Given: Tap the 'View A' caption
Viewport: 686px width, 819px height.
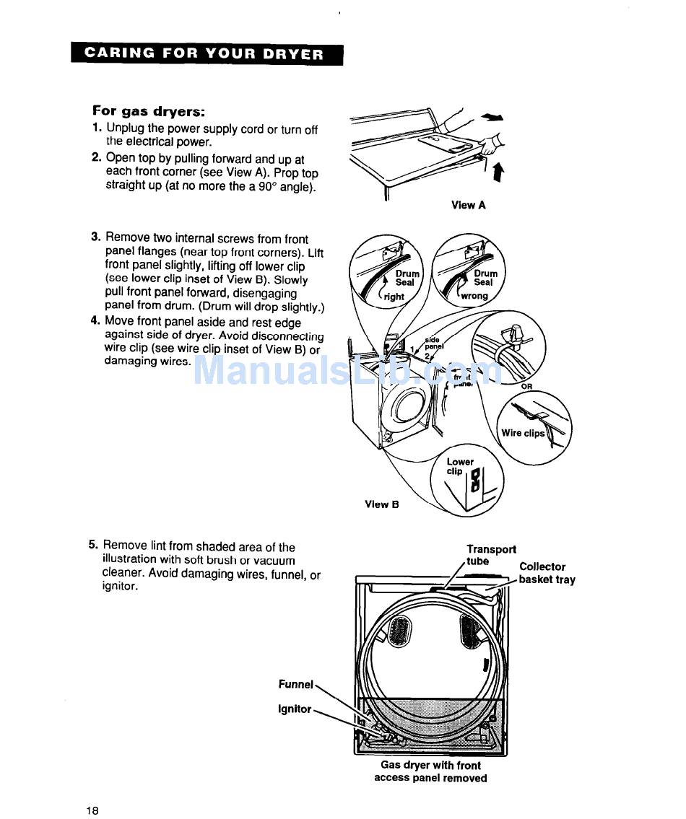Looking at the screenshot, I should [469, 205].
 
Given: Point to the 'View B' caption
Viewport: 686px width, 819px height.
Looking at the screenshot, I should [382, 504].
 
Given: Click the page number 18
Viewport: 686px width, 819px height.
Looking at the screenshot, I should [92, 810].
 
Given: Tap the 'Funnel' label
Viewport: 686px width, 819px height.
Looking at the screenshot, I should [295, 684].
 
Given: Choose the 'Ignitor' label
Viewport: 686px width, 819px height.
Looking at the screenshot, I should [295, 709].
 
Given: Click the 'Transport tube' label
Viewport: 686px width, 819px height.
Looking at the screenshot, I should [491, 555].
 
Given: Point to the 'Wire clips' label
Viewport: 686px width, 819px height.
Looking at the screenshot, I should [523, 434].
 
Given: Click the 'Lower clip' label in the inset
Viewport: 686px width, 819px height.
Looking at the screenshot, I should [459, 466].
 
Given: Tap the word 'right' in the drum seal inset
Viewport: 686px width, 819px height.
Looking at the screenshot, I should [394, 297].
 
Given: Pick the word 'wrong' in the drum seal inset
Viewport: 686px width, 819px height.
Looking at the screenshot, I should [474, 296].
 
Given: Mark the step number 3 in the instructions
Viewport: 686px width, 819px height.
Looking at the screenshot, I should [95, 237].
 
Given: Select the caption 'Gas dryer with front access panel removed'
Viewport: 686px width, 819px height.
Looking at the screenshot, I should [430, 771].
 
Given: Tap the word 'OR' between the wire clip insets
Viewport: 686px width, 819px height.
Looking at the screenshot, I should [527, 387].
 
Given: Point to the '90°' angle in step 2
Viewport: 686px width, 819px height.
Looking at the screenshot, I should [275, 186].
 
